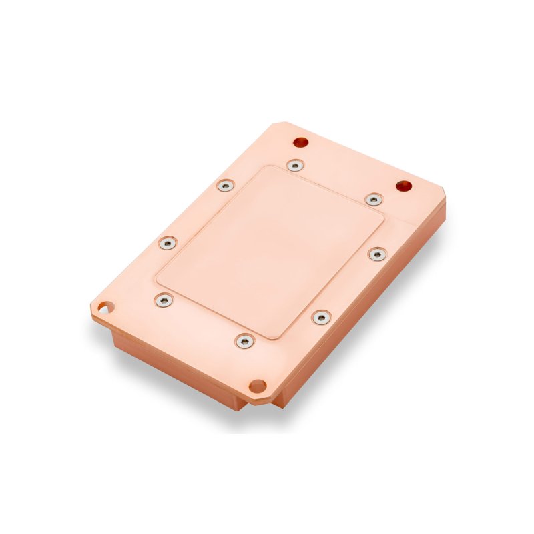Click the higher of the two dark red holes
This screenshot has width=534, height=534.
point(301,142)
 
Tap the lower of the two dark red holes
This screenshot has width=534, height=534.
point(403,186)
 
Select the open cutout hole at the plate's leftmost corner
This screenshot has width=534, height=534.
point(103,308)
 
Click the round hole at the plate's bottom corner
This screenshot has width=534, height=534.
point(257,386)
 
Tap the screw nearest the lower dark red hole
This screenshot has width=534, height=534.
point(374,199)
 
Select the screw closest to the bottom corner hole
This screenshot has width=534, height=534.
point(244,342)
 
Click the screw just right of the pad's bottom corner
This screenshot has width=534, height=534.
point(321,317)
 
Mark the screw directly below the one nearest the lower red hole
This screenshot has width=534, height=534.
point(378,254)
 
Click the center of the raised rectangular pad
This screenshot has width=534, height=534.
point(270,250)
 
